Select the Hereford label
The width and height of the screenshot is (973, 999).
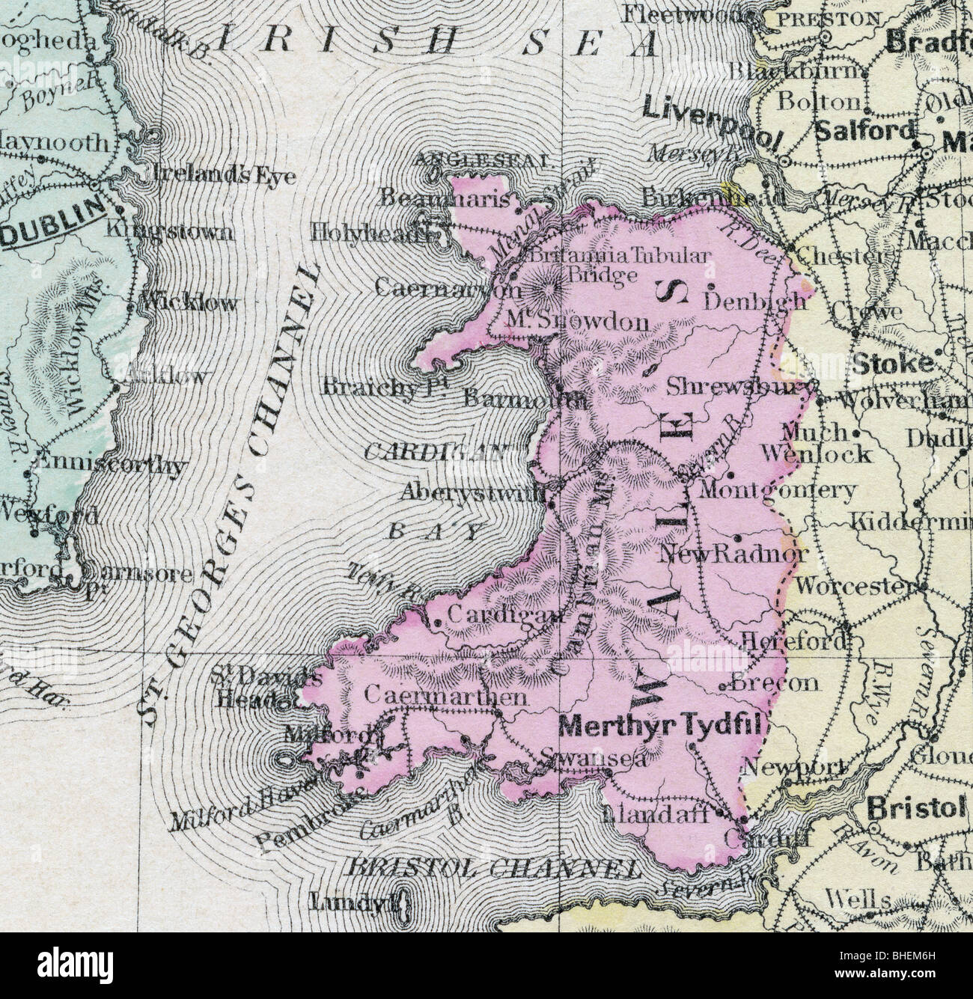(x=794, y=641)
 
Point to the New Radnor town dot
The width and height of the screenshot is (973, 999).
(x=738, y=537)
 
